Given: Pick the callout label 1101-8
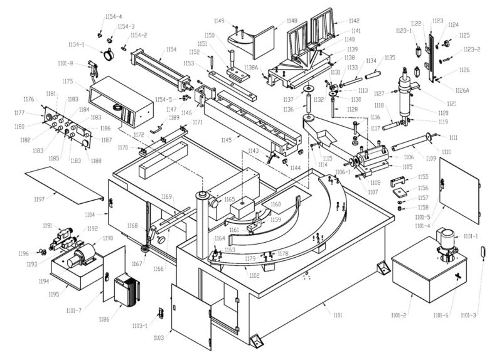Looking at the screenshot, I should (65, 63).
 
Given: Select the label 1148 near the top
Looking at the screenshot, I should (292, 21).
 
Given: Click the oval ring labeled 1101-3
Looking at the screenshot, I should (483, 252).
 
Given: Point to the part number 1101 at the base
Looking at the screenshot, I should (338, 315).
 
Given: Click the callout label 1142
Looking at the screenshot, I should (355, 21).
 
